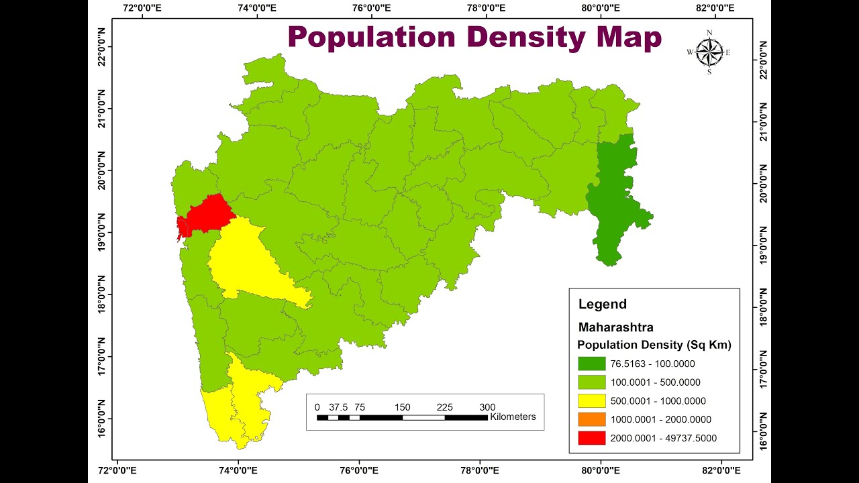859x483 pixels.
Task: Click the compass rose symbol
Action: coord(709,52)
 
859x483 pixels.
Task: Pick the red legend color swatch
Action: coord(591,438)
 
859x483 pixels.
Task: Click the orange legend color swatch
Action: coord(591,420)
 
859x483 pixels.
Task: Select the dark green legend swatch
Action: coord(591,364)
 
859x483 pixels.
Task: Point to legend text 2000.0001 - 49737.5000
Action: coord(663,438)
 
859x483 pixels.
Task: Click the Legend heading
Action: coord(602,304)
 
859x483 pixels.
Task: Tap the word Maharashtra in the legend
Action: coord(615,327)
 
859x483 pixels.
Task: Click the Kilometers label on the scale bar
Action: coord(513,417)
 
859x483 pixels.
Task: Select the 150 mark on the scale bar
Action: coord(402,407)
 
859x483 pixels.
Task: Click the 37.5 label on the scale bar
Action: coord(338,407)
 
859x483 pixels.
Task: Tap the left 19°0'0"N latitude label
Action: coord(102,233)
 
